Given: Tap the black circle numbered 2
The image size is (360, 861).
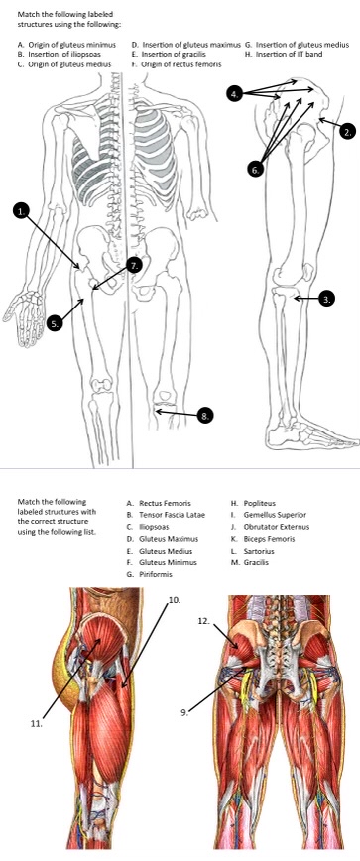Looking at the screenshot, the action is pos(347,131).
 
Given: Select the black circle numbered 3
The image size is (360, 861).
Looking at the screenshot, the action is pos(327,299).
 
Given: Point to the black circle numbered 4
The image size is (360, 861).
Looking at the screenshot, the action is pos(234,94).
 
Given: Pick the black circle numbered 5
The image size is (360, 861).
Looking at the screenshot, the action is pos(55,324).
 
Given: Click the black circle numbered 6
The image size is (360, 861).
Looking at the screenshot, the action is pos(255,170).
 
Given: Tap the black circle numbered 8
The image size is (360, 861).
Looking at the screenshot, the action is pos(205,416).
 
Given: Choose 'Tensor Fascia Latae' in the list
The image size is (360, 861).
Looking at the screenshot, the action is pos(166,515).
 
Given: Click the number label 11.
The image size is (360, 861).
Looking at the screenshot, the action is pos(37,723).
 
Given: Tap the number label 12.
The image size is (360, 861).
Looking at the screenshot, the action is pos(204,621).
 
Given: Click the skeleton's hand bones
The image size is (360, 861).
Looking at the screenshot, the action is pos(25,308).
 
